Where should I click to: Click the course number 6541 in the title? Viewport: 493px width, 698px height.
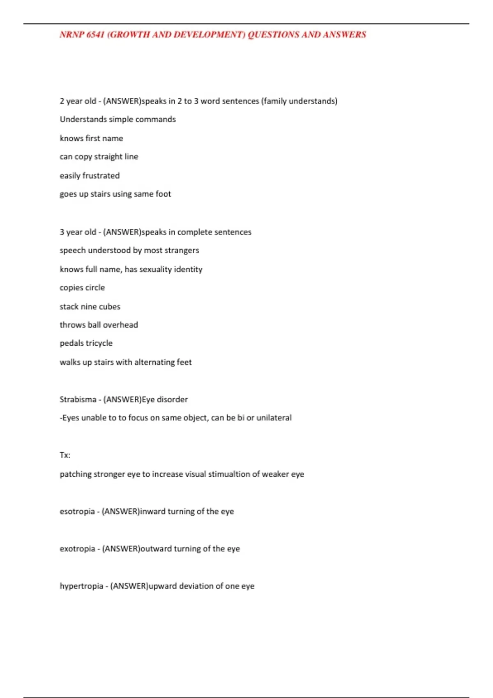[x=95, y=34]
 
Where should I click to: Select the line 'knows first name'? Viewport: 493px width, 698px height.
[x=91, y=138]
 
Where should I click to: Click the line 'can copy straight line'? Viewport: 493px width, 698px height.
[x=99, y=157]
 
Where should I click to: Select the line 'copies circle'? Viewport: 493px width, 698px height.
[x=82, y=288]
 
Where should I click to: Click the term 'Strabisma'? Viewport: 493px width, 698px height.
[x=78, y=400]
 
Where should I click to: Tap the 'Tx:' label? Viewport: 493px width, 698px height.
[x=65, y=455]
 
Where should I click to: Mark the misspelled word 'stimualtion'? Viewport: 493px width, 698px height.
[x=228, y=474]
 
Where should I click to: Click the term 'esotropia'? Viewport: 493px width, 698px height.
[x=77, y=512]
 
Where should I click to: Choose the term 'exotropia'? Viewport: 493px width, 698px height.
[x=77, y=549]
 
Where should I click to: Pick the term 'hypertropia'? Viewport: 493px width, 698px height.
[x=81, y=586]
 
